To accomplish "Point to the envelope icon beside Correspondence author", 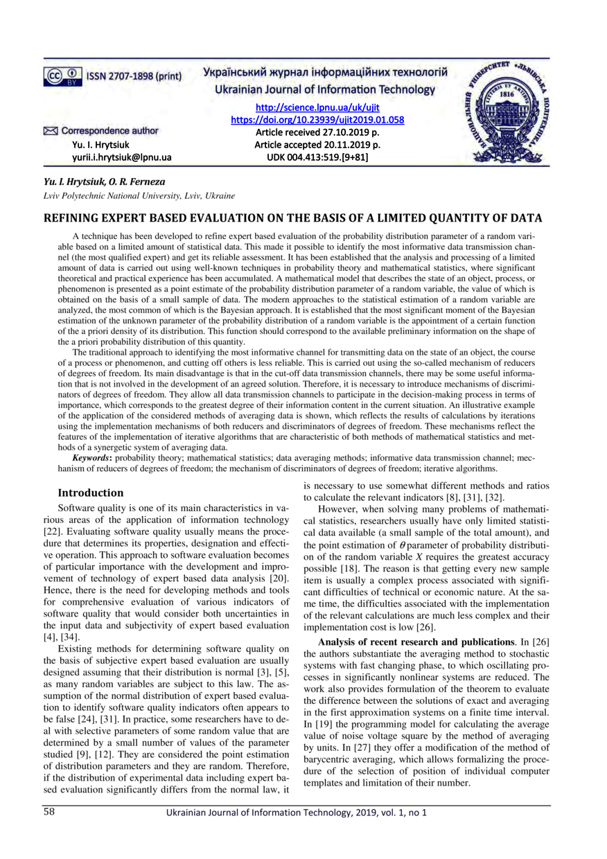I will click(50, 130).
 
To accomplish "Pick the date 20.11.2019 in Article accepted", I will click(344, 145).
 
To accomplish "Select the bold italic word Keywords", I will click(94, 459).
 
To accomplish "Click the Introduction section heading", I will click(90, 493).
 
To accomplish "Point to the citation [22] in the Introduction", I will click(53, 532).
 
